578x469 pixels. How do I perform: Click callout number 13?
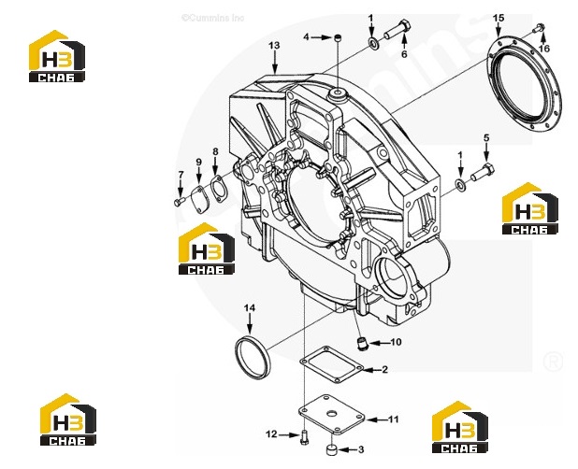tap(274, 46)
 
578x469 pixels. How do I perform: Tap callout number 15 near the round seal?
tap(499, 18)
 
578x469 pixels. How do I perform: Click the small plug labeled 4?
tap(338, 37)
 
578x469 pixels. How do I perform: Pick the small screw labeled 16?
tap(540, 27)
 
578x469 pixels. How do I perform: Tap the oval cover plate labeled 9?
tap(201, 200)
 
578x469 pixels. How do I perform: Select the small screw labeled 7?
tap(179, 202)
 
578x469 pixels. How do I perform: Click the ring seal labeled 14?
tap(251, 356)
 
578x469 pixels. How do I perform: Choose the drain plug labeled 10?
tap(362, 344)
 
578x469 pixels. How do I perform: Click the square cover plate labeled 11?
tap(331, 415)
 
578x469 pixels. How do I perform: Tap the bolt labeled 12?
tap(305, 437)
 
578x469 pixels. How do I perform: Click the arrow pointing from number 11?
tap(376, 419)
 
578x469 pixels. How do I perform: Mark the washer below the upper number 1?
tap(373, 43)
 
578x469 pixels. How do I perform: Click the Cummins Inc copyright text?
tap(212, 18)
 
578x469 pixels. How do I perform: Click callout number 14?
tap(250, 307)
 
